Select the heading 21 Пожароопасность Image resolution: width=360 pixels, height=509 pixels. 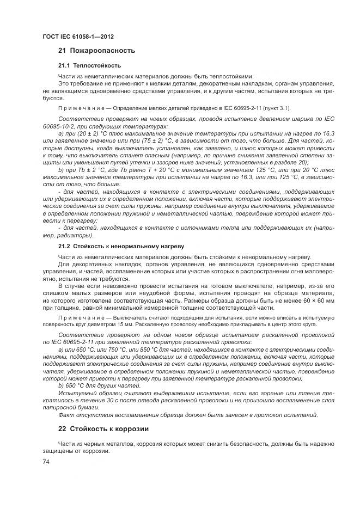pos(96,51)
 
